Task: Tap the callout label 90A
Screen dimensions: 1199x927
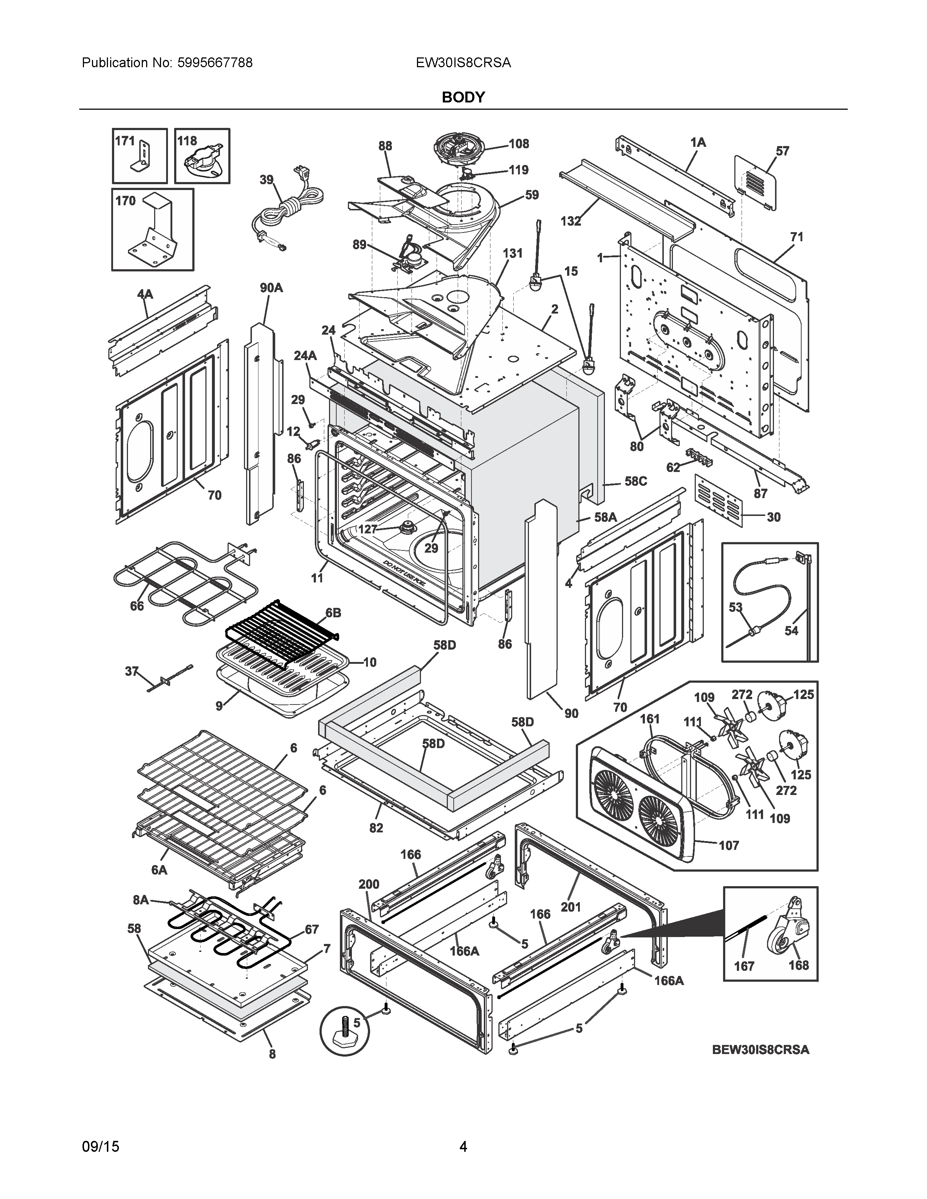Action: point(271,288)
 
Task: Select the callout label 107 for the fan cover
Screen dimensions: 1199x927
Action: point(729,845)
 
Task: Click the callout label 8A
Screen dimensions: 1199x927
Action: point(141,900)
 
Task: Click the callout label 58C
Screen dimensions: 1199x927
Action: point(635,481)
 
